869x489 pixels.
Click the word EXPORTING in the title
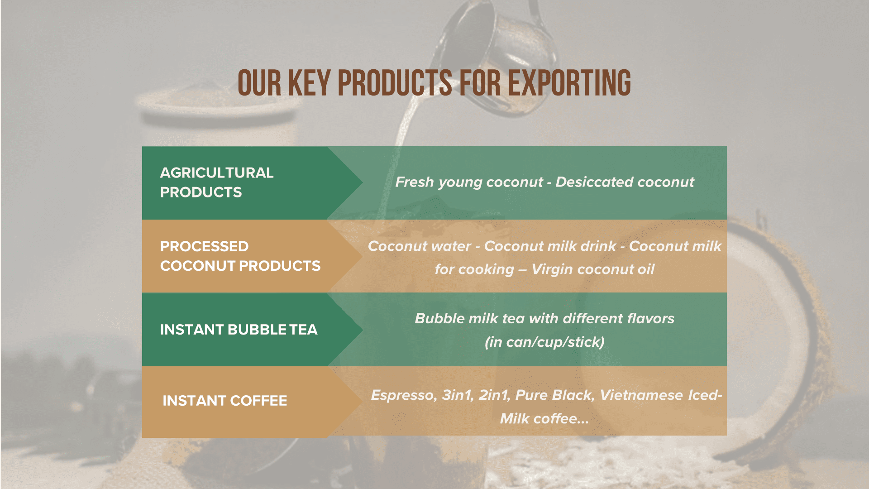[569, 83]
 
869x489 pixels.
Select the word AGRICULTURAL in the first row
[217, 173]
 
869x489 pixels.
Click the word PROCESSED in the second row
[204, 246]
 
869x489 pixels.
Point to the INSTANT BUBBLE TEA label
[239, 330]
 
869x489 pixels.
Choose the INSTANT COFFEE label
[225, 401]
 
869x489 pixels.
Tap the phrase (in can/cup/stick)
[544, 342]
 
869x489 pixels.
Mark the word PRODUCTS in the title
[395, 83]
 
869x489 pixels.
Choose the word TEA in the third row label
[303, 330]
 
